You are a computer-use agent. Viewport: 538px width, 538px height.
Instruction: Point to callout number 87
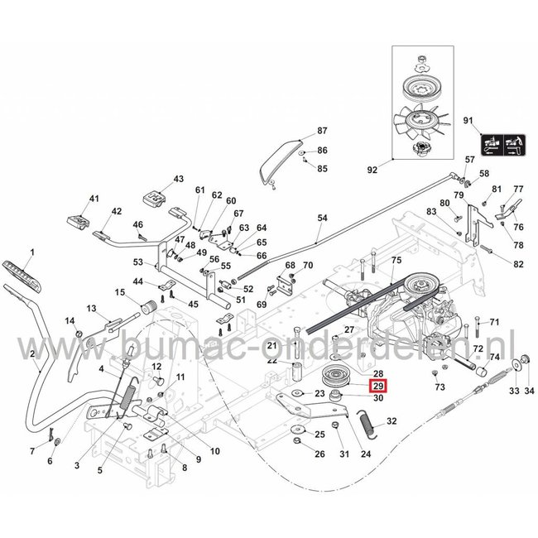(323, 132)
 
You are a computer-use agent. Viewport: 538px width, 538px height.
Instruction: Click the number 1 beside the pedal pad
(32, 251)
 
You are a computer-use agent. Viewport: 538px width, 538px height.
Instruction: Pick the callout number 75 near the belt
(396, 261)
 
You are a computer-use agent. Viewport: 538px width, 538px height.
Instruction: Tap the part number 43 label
(178, 179)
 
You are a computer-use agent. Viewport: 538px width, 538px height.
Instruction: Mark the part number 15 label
(119, 292)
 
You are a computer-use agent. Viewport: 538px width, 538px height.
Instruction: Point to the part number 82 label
(518, 264)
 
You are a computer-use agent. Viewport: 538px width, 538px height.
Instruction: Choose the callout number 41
(94, 199)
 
